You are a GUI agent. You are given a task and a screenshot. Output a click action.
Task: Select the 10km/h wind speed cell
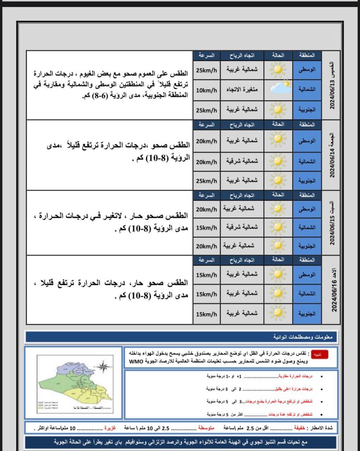tap(206, 90)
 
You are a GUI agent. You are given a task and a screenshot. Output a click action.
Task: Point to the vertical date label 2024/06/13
tap(332, 85)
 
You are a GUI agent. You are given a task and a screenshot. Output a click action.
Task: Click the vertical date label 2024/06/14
tap(332, 155)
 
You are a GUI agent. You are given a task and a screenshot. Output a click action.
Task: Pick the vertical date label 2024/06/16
tap(332, 289)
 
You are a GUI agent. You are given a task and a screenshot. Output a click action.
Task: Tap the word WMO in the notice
tap(135, 361)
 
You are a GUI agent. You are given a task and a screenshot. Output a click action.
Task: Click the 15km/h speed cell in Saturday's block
tap(206, 227)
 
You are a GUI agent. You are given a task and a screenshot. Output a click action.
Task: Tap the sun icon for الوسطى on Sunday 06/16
tap(278, 274)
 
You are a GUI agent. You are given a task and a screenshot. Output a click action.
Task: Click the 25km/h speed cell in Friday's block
tap(206, 181)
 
